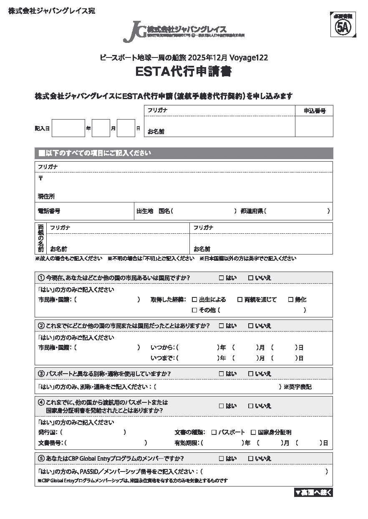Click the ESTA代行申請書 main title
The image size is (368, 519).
184,72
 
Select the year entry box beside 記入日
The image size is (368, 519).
68,128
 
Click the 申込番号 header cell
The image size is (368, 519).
314,111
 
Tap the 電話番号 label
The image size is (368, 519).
49,211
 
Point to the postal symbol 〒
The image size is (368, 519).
40,178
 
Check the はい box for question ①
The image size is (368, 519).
221,278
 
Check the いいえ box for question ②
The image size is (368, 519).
250,326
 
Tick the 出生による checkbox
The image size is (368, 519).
194,299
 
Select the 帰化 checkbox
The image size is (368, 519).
290,299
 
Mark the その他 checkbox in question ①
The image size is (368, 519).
194,310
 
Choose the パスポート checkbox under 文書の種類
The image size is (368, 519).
214,432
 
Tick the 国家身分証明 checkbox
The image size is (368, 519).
253,432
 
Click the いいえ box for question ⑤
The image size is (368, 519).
250,459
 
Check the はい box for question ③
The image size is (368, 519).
221,374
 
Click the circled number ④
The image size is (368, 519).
41,403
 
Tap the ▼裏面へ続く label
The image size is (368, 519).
313,492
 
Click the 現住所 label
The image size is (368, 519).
46,197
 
